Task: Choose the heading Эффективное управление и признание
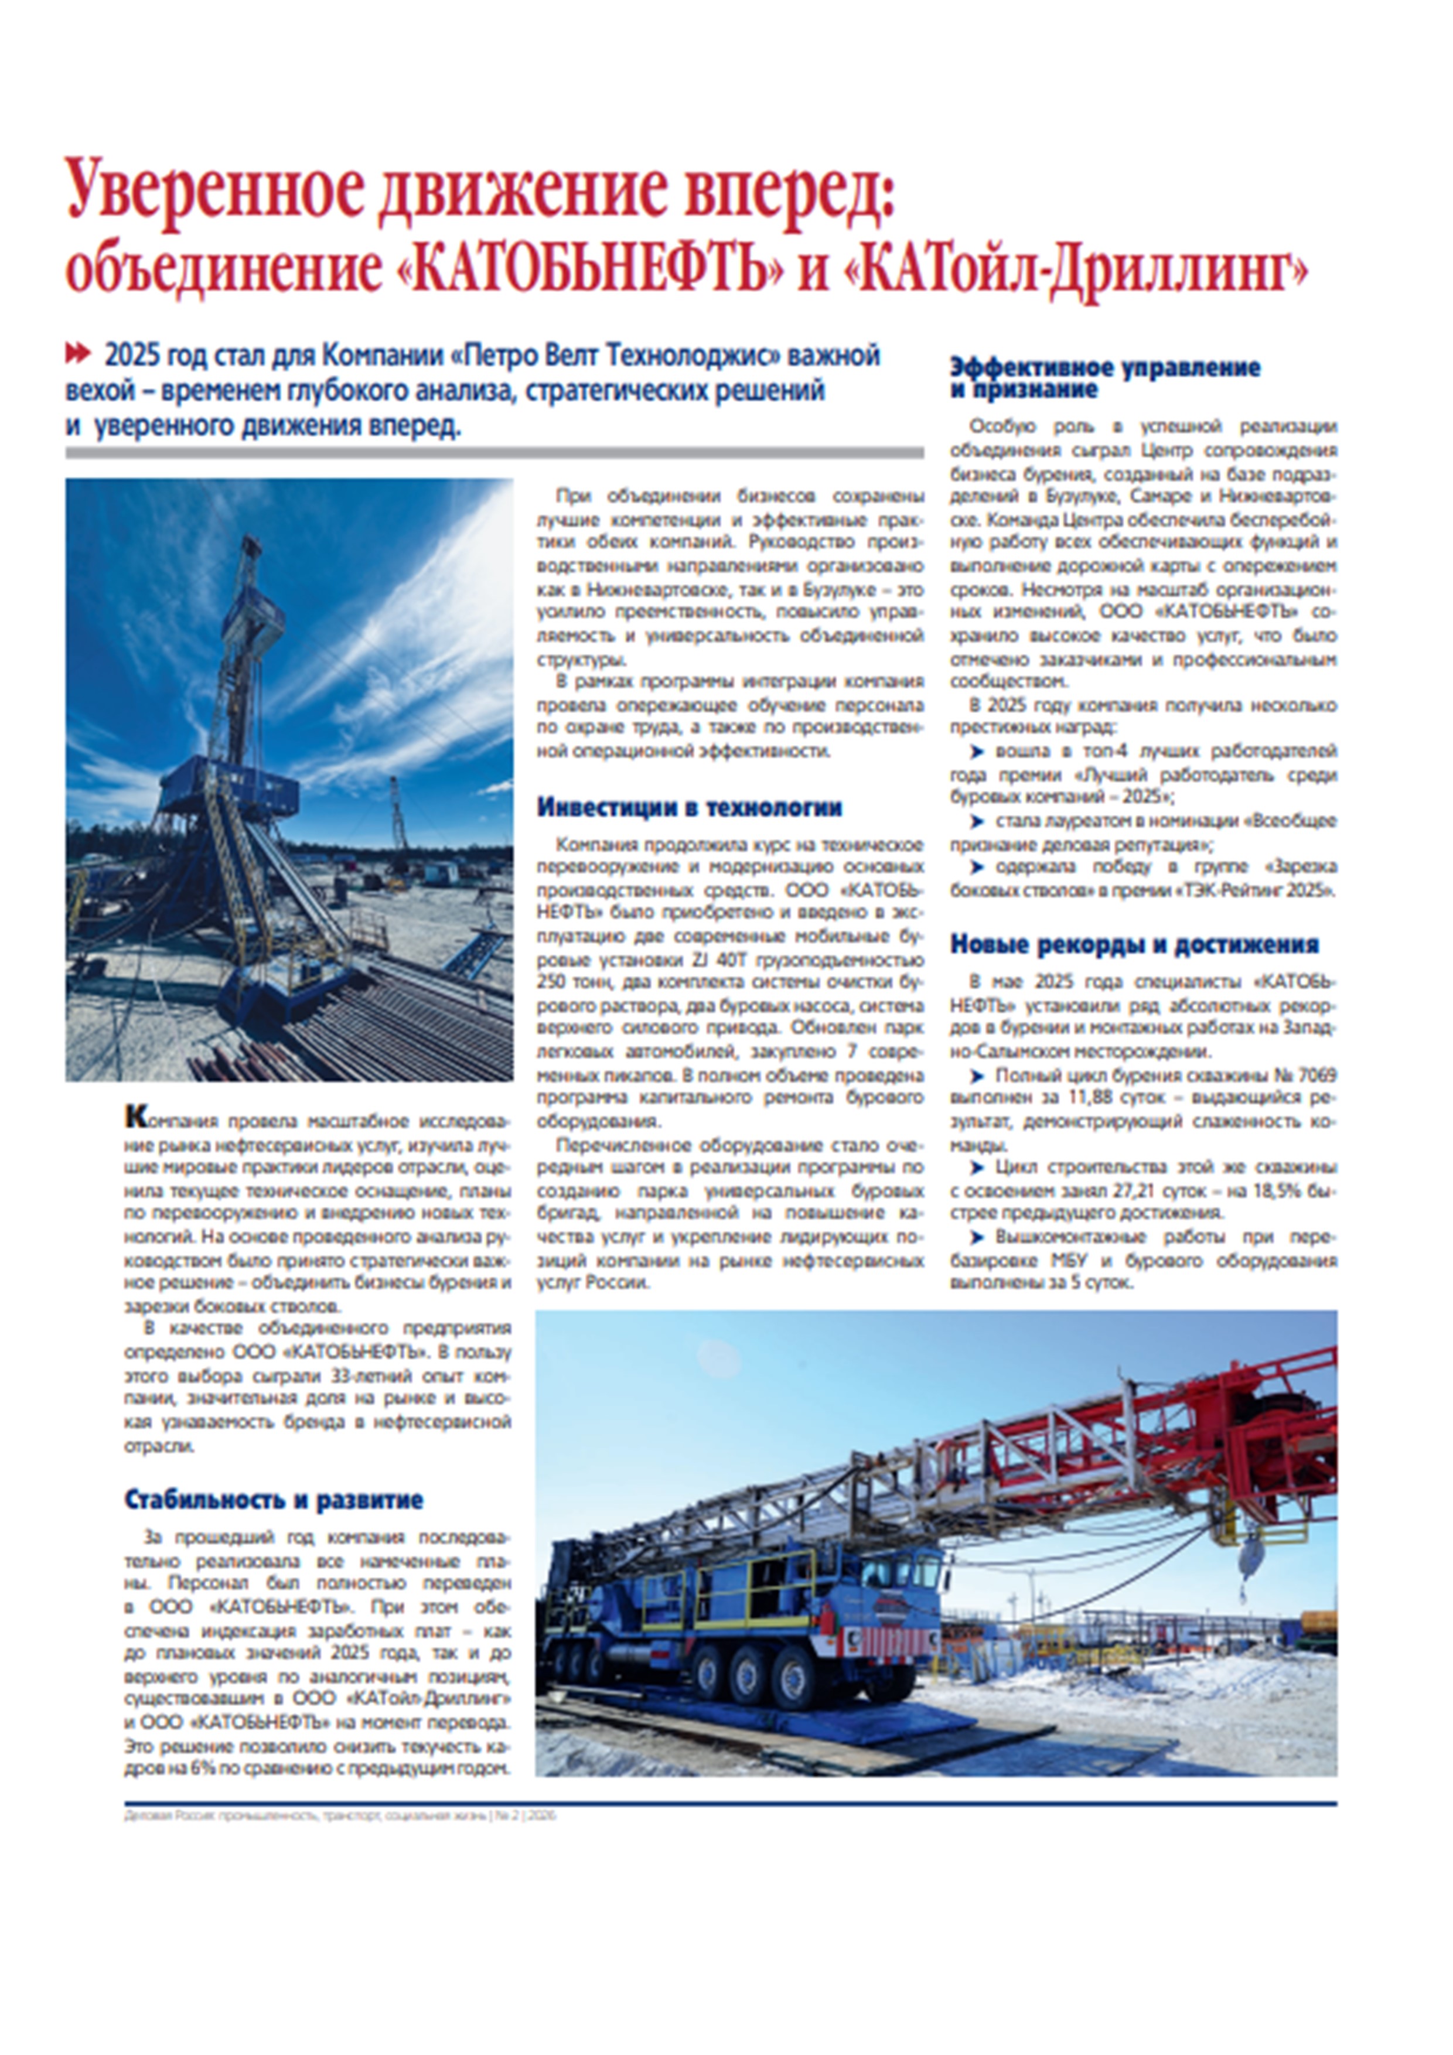[x=1105, y=378]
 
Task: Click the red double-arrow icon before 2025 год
[x=79, y=356]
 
